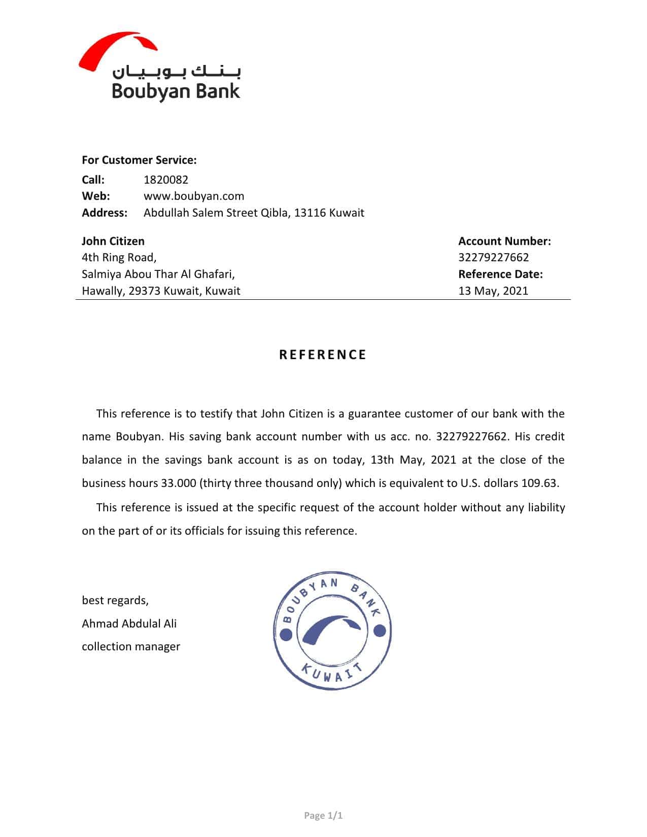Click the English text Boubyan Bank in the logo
click(x=176, y=91)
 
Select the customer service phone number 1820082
click(x=166, y=180)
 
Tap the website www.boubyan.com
click(x=194, y=196)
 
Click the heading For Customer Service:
click(x=139, y=160)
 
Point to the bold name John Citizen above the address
click(x=113, y=241)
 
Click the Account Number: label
click(x=504, y=241)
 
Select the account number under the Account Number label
click(x=493, y=258)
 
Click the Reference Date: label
click(x=500, y=274)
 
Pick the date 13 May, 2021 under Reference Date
click(x=493, y=291)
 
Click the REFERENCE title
click(x=323, y=355)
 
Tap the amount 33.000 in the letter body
click(x=179, y=483)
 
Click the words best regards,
click(x=115, y=601)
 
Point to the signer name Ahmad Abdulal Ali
click(x=129, y=623)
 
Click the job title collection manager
click(x=131, y=647)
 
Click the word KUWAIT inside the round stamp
click(x=332, y=673)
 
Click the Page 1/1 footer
click(x=323, y=816)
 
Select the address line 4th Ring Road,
click(x=119, y=258)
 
